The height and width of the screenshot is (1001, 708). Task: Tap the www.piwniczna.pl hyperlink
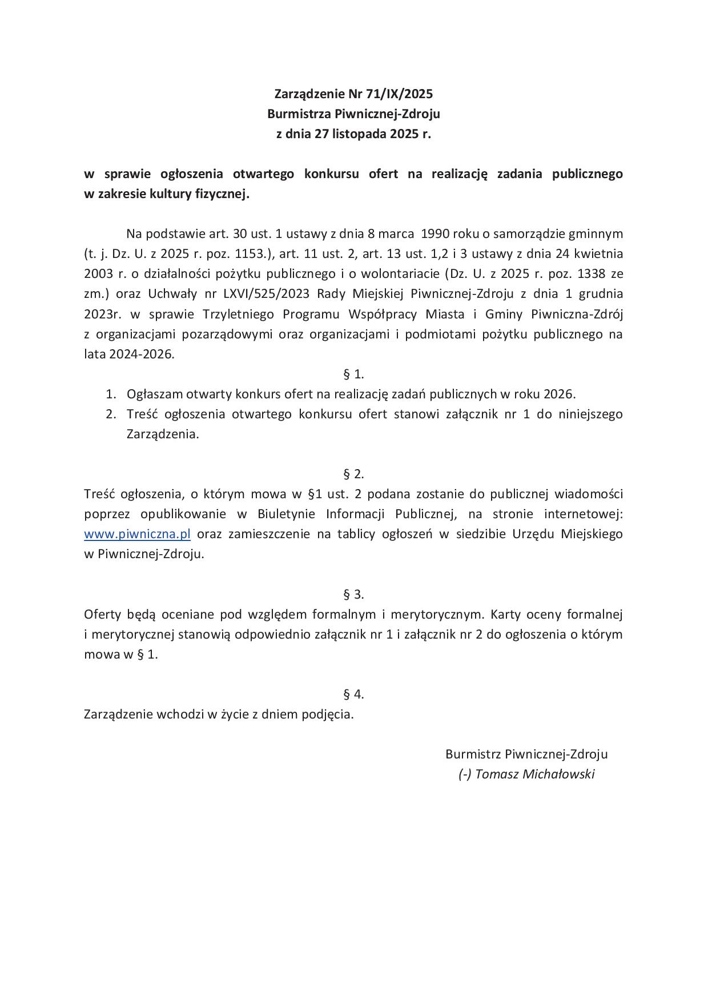point(137,534)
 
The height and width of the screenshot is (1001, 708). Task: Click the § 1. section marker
point(353,374)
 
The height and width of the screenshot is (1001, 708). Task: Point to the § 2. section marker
point(353,474)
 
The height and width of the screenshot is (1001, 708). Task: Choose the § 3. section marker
point(353,594)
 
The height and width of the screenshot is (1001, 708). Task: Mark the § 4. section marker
point(353,694)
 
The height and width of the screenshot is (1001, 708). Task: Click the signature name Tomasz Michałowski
point(534,774)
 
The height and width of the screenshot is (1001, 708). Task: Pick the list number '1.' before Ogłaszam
point(111,394)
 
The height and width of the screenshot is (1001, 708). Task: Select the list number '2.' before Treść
point(111,414)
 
